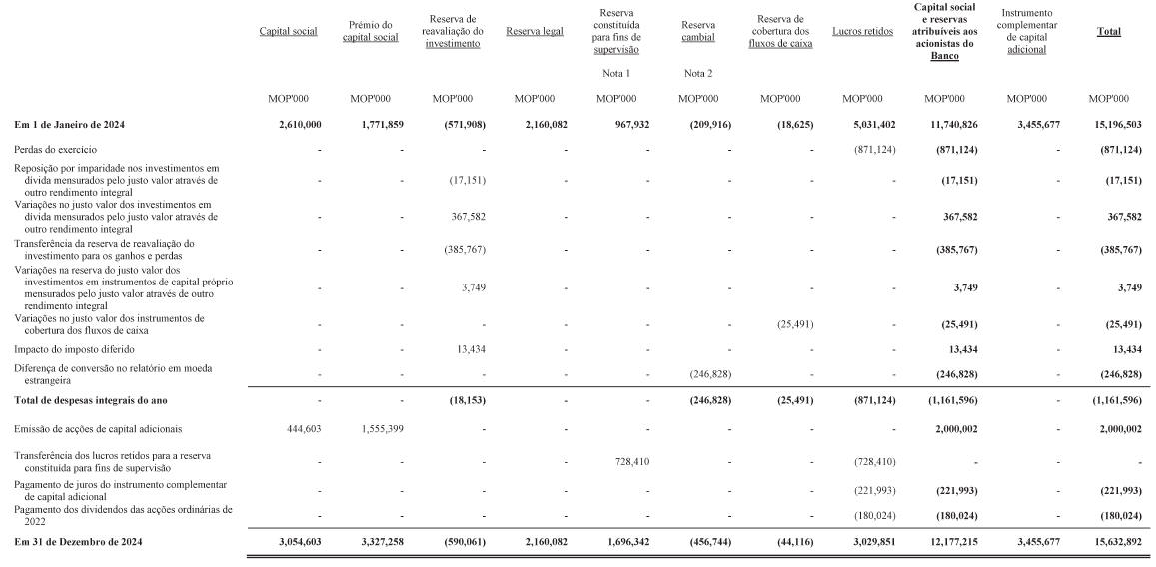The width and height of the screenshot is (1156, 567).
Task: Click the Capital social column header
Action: coord(288,32)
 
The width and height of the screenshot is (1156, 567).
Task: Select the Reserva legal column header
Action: coord(535,32)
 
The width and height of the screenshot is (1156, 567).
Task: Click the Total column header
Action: coord(1108,32)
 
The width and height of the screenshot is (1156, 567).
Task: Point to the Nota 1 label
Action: coord(616,73)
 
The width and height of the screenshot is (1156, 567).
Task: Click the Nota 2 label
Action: coord(698,73)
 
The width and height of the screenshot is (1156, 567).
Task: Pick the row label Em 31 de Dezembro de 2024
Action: coord(78,541)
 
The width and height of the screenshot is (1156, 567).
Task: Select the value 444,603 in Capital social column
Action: coord(298,428)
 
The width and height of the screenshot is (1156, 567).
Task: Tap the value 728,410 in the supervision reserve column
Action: coord(625,462)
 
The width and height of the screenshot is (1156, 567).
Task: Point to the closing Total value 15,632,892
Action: coord(1115,541)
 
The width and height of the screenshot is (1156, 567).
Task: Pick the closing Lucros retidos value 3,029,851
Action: coord(872,541)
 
